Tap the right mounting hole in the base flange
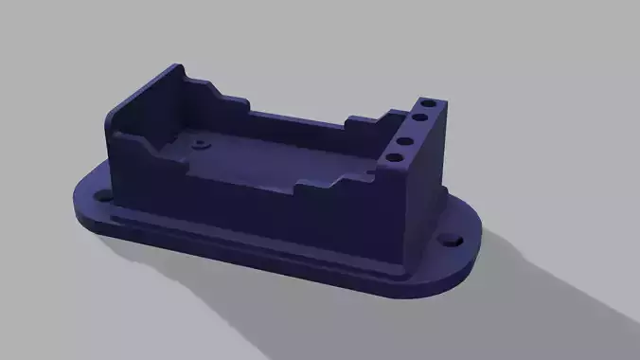click(x=452, y=241)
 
